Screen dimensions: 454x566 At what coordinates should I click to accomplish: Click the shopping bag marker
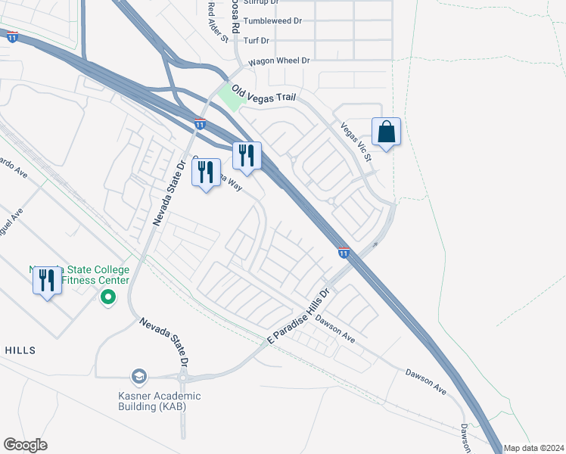tap(386, 132)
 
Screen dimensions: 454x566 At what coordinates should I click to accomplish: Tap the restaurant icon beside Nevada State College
tap(47, 281)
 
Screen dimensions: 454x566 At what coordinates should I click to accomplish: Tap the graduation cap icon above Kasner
tap(138, 376)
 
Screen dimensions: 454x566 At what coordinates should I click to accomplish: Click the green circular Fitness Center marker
tap(108, 297)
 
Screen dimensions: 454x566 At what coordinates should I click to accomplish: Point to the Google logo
tap(25, 445)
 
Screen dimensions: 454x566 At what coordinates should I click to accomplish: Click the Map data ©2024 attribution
tap(533, 448)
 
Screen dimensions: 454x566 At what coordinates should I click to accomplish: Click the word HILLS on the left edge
tap(20, 350)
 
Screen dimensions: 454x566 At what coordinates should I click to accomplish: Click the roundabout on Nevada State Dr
tap(183, 377)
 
